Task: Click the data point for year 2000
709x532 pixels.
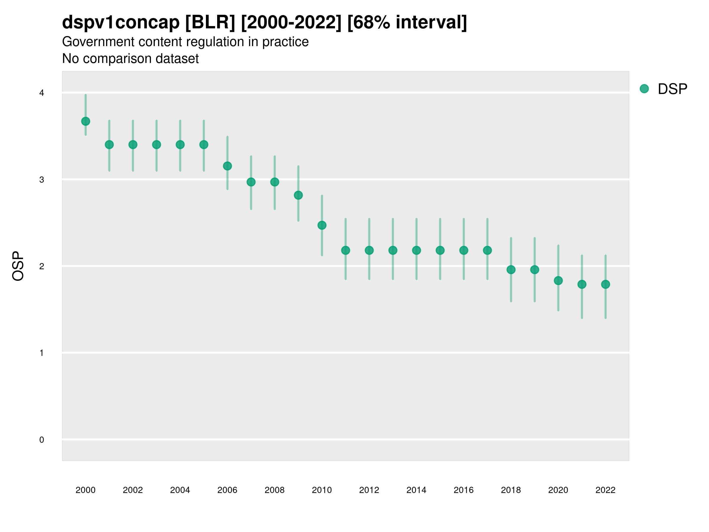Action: coord(86,121)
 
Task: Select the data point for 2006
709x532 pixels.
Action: coord(227,166)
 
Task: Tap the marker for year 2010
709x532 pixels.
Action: coord(322,226)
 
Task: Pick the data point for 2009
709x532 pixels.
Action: coord(298,195)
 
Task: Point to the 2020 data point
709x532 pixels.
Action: coord(558,280)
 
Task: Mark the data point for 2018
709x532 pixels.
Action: coord(511,270)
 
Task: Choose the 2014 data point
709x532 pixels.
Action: coord(416,250)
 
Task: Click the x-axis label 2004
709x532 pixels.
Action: coord(180,490)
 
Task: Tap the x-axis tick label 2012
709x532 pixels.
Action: coord(369,490)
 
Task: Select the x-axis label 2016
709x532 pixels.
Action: coord(464,490)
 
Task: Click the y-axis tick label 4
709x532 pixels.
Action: coord(42,93)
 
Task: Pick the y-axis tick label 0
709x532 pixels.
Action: coord(42,440)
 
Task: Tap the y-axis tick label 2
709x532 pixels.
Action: coord(42,267)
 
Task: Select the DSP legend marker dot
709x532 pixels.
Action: coord(644,89)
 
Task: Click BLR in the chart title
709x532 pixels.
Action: coord(210,22)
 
